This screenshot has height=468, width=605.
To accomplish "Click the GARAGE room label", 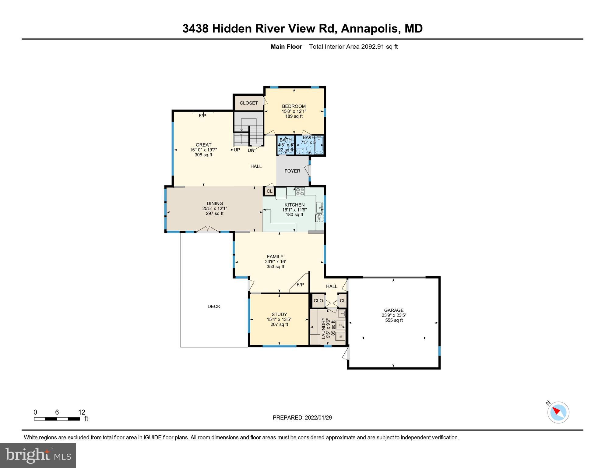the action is [394, 310].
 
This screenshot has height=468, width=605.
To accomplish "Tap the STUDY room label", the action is [279, 314].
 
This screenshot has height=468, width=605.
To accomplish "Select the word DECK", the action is [214, 307].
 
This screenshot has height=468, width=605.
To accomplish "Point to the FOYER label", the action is [292, 171].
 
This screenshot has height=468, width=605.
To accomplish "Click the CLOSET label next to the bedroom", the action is [249, 103].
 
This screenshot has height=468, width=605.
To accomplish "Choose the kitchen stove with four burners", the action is [300, 192].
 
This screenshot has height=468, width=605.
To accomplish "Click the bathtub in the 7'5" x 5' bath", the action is [319, 146].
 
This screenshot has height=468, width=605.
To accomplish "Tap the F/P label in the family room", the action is [300, 285].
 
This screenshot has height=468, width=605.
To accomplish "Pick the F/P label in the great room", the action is [202, 116].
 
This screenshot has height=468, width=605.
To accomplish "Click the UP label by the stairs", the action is [237, 150].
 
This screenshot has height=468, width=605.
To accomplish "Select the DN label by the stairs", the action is [251, 150].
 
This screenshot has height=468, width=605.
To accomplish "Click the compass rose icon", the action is [558, 413].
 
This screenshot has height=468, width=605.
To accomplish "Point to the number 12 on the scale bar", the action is [82, 412].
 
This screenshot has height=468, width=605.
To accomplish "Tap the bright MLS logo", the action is [38, 455].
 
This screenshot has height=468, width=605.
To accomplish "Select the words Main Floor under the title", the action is [286, 47].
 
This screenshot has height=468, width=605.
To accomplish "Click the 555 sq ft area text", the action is [394, 320].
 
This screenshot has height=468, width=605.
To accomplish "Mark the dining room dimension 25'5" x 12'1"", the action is [215, 208].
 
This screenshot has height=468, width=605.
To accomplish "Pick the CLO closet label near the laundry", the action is [318, 301].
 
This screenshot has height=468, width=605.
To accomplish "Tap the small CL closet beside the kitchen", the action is [269, 191].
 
